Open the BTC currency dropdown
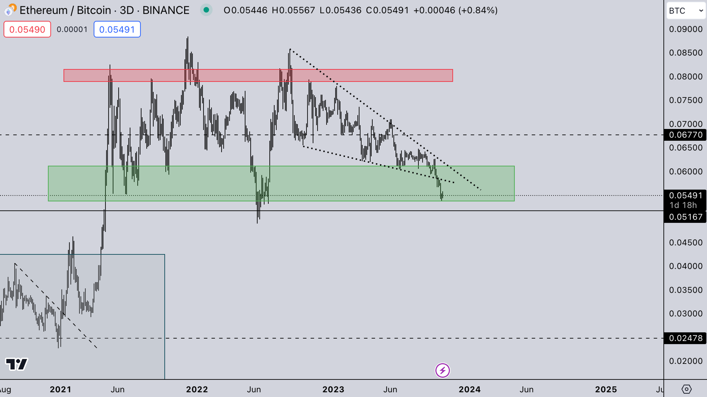(686, 11)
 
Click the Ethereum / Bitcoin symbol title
(104, 10)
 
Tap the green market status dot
(206, 10)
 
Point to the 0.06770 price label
(685, 135)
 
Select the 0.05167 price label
(685, 217)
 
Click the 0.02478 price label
(685, 338)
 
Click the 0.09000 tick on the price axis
(685, 29)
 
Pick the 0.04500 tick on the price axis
(685, 243)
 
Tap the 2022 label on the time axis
(197, 389)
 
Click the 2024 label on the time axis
(470, 389)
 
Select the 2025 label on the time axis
(606, 389)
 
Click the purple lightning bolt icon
(442, 370)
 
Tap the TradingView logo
(16, 364)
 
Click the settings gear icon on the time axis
(686, 389)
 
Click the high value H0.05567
(293, 10)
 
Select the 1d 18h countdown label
(683, 205)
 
